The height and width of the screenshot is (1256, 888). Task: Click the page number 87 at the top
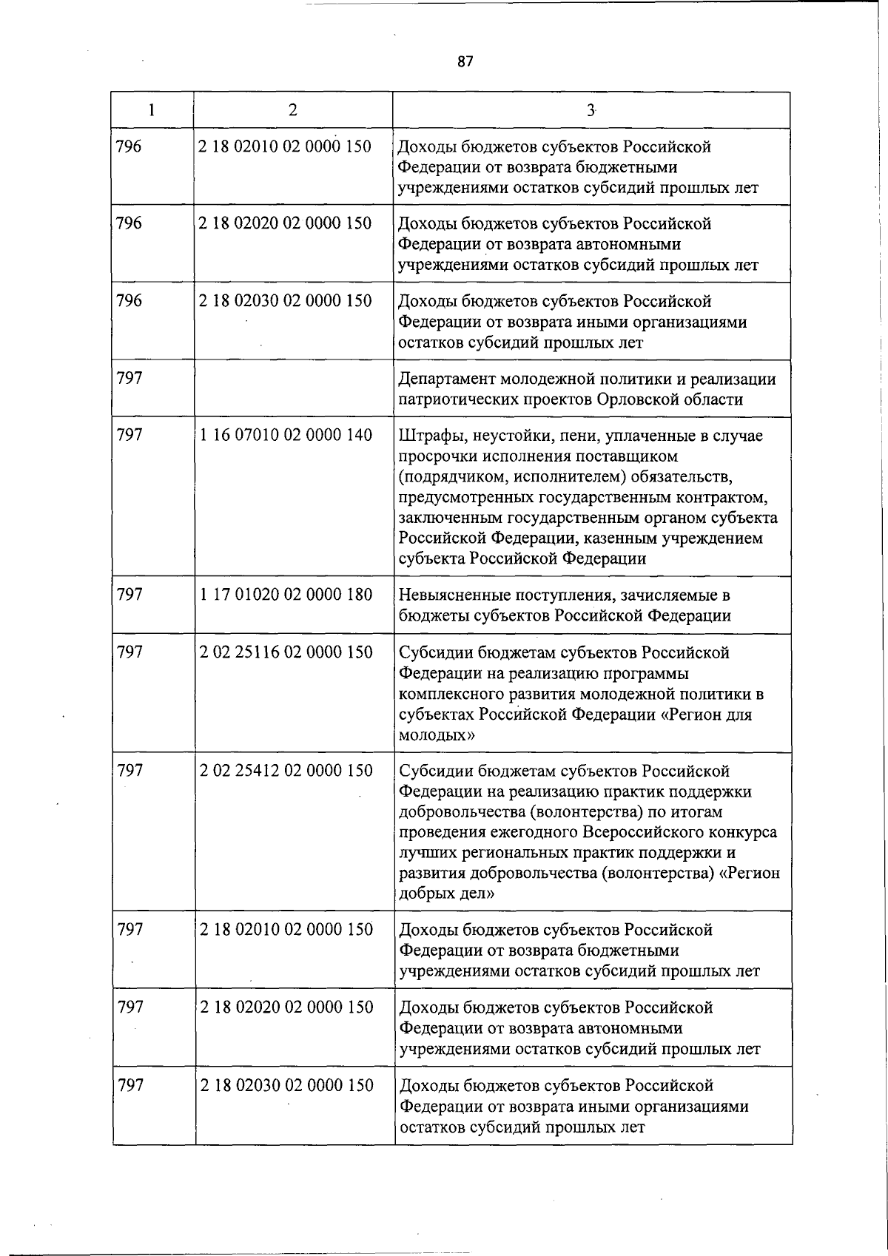click(x=465, y=61)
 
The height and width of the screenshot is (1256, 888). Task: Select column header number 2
click(x=293, y=110)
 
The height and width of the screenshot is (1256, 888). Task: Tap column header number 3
click(x=591, y=110)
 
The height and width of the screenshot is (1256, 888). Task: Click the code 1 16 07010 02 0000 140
click(x=286, y=436)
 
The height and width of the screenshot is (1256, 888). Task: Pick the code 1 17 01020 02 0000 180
click(x=286, y=595)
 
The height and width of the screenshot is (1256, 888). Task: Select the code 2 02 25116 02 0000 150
click(x=286, y=652)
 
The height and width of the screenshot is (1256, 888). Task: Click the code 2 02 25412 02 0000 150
click(x=286, y=771)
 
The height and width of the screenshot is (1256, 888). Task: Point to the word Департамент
click(x=446, y=379)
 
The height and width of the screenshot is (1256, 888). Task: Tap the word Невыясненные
click(x=454, y=595)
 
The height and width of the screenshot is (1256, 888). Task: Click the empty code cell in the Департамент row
click(x=293, y=389)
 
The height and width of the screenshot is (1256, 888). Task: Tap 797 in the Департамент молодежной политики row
click(x=130, y=379)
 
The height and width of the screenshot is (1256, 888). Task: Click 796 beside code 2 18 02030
click(x=129, y=301)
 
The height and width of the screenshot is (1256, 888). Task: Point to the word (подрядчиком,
click(x=449, y=477)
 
